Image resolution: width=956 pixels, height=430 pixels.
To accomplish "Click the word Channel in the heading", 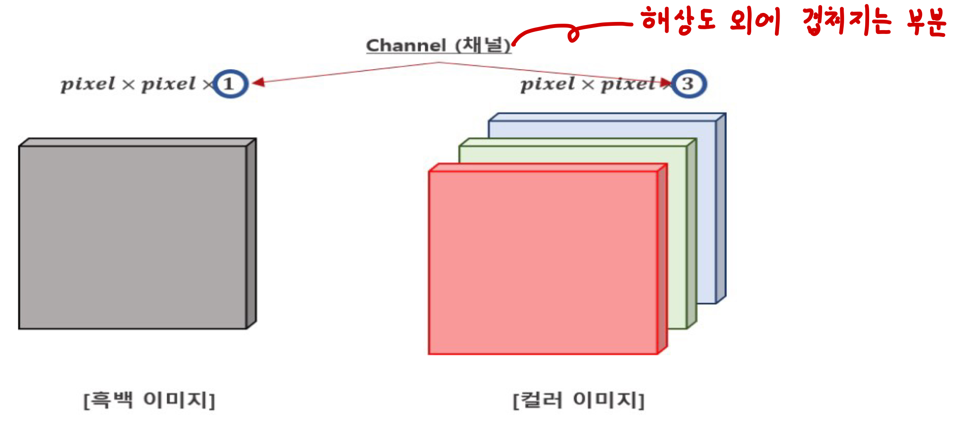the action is (406, 45).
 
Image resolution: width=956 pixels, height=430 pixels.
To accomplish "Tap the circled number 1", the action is (230, 84).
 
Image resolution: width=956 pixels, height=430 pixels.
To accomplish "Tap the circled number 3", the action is (689, 84).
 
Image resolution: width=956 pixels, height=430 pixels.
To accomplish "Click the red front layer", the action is (543, 262).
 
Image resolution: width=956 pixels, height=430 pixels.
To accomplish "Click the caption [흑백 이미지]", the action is (149, 400).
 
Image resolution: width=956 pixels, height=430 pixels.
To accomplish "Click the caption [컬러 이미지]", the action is (579, 400).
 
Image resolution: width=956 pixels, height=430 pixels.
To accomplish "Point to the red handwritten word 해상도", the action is (678, 20).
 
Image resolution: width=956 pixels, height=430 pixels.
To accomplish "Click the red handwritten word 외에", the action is (755, 21).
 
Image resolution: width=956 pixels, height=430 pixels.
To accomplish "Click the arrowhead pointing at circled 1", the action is (258, 82).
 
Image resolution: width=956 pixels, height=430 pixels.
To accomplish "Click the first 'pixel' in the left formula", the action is (88, 84).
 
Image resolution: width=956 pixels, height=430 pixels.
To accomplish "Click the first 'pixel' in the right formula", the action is (547, 84).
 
